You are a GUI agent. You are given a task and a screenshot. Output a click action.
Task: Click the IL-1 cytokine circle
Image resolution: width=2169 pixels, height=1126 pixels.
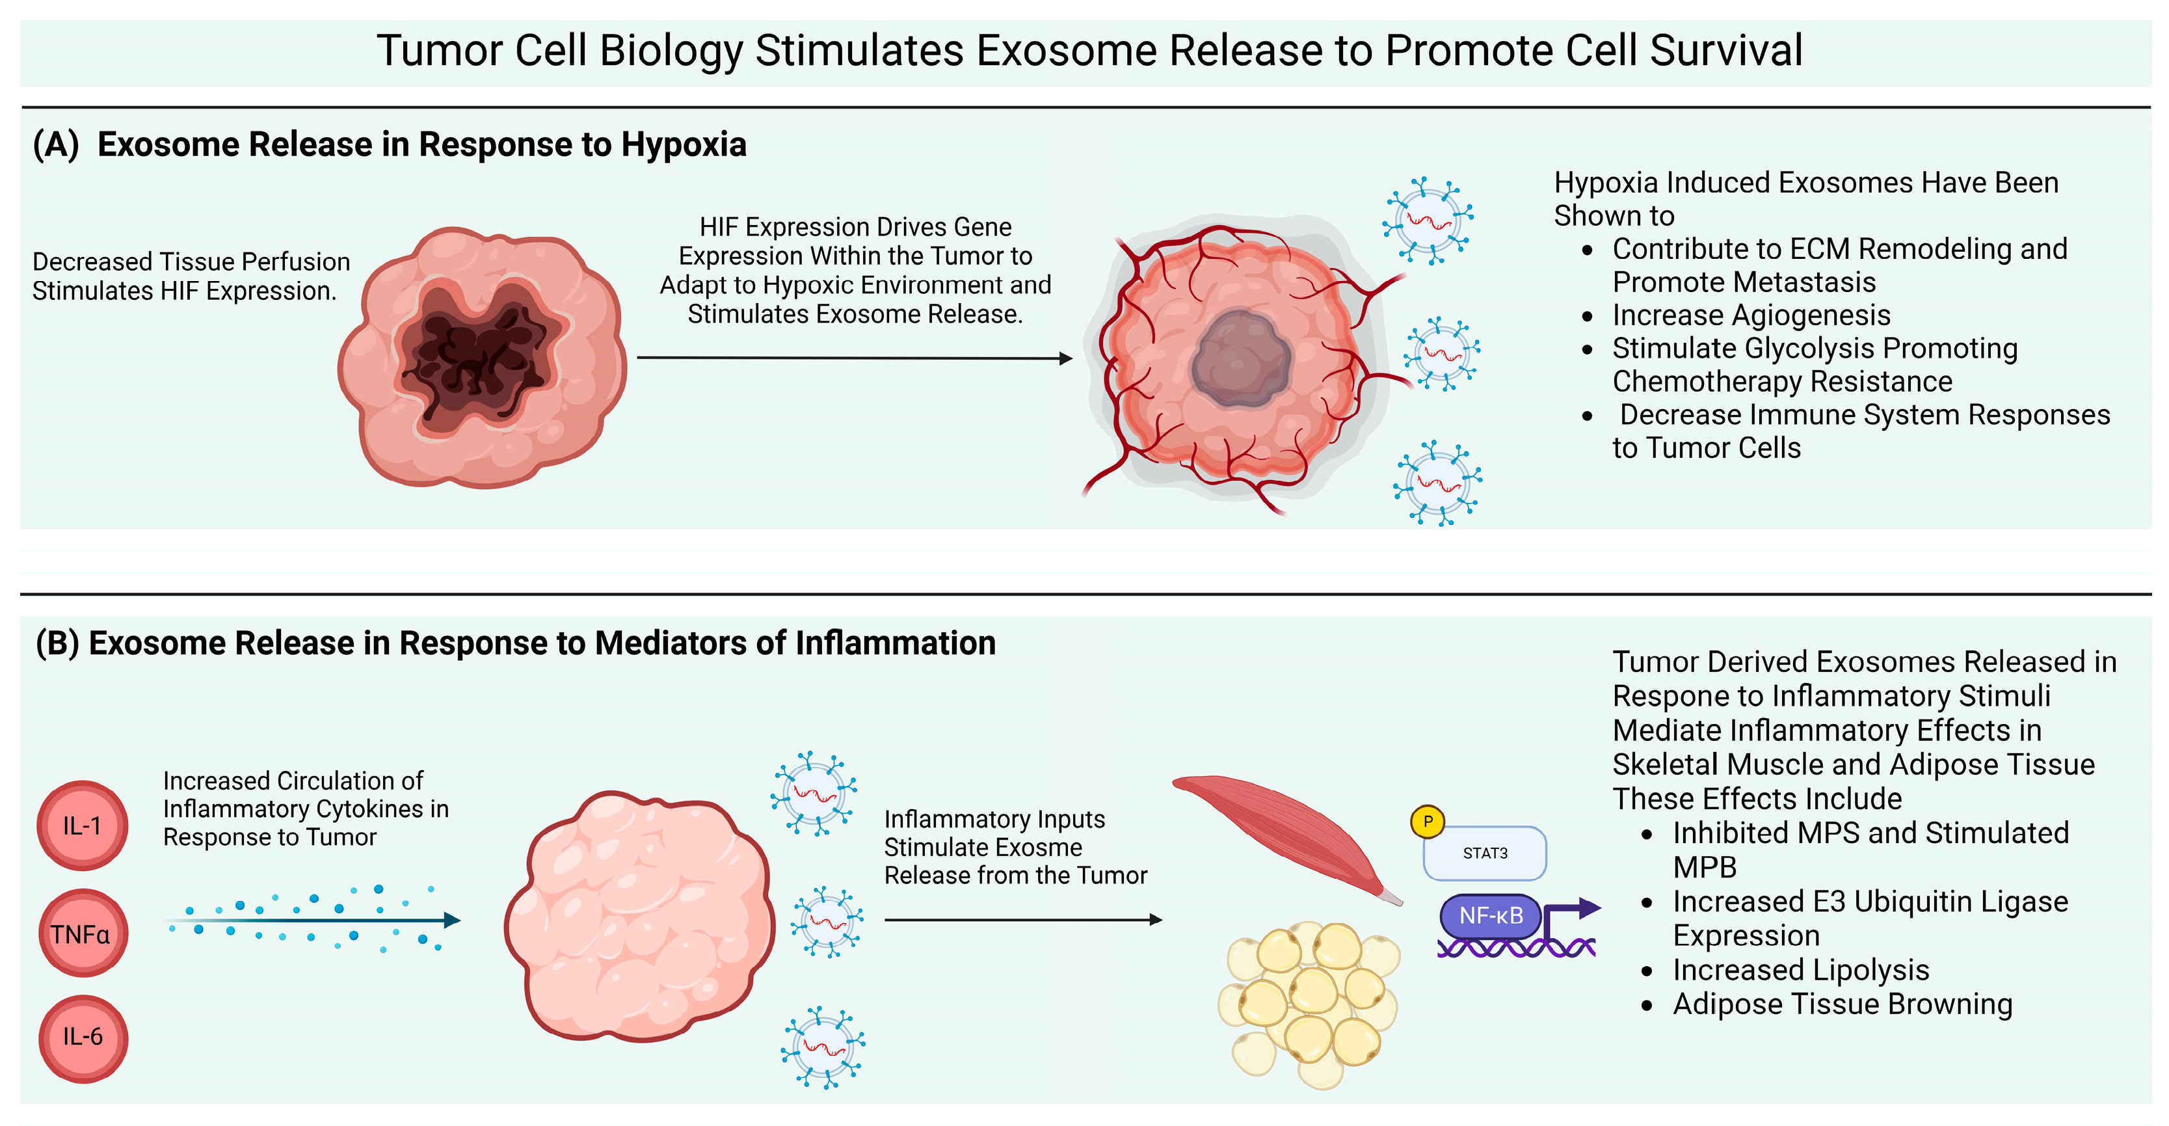point(83,825)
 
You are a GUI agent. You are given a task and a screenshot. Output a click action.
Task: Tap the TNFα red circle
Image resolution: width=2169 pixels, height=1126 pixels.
point(83,933)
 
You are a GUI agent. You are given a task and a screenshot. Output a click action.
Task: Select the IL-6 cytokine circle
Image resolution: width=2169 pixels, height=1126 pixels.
point(83,1038)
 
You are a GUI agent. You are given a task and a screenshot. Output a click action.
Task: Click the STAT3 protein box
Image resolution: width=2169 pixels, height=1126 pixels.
point(1484,853)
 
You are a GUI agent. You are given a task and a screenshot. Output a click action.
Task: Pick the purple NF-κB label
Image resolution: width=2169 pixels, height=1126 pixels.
point(1491,915)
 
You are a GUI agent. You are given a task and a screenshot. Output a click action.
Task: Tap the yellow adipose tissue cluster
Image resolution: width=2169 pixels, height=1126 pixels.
point(1309,1002)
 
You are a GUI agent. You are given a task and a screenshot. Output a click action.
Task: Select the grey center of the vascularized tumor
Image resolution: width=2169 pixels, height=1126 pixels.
point(1240,360)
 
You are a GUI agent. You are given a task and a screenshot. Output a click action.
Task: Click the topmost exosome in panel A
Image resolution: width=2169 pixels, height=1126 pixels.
point(1429,221)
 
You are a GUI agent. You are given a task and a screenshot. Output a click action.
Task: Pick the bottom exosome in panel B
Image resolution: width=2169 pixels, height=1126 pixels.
point(823,1048)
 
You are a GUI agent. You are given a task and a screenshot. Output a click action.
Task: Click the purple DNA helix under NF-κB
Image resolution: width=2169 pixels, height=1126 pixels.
point(1515,949)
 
